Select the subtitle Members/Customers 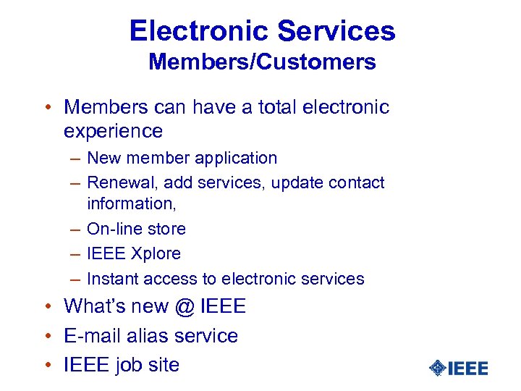tap(262, 62)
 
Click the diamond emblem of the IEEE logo tap(438, 368)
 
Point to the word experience tap(113, 131)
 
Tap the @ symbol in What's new tap(186, 307)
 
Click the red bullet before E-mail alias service tap(48, 336)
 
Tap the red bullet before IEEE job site tap(48, 365)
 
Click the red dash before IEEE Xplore tap(75, 253)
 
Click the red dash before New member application tap(75, 158)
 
